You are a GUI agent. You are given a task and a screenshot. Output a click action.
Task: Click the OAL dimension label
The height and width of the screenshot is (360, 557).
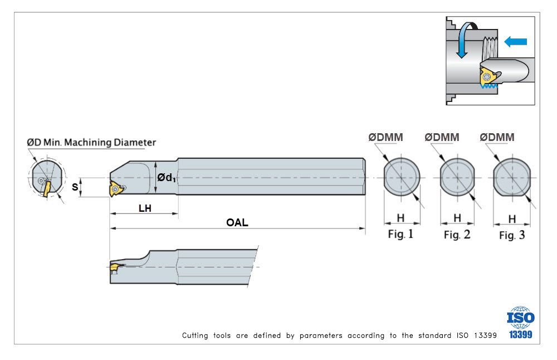(x=237, y=223)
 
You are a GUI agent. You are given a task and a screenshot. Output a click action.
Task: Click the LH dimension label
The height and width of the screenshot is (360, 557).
(x=145, y=208)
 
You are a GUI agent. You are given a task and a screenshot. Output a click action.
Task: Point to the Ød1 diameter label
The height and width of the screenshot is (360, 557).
(x=166, y=178)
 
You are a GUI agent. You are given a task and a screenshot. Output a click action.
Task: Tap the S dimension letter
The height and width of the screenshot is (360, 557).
(x=75, y=187)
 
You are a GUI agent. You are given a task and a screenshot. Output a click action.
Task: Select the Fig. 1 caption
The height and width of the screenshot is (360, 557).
(x=400, y=234)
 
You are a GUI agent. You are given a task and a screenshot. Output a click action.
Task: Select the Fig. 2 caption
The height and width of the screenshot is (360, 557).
(x=457, y=235)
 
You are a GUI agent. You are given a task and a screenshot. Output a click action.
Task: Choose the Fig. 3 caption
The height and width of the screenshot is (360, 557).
(x=511, y=235)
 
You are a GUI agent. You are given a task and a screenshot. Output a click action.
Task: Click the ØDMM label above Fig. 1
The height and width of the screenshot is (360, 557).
(x=385, y=137)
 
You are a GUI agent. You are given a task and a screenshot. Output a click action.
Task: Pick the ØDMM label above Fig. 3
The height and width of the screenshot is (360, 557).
(x=497, y=137)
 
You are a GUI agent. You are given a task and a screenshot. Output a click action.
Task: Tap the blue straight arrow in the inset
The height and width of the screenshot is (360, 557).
(x=515, y=41)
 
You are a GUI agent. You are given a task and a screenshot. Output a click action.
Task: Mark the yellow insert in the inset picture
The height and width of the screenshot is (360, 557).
(x=486, y=76)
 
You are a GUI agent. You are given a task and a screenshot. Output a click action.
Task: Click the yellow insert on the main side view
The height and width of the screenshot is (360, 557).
(x=115, y=189)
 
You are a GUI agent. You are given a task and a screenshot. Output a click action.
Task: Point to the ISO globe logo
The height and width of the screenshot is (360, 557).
(x=520, y=317)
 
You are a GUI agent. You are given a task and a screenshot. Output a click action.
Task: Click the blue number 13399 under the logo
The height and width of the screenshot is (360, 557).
(x=520, y=335)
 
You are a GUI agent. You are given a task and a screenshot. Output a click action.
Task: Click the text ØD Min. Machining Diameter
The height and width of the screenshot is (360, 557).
(x=91, y=143)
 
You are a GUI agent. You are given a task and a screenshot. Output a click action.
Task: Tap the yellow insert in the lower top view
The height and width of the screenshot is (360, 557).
(x=114, y=268)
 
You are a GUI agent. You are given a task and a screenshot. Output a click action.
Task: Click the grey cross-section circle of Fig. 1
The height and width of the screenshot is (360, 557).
(x=402, y=177)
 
